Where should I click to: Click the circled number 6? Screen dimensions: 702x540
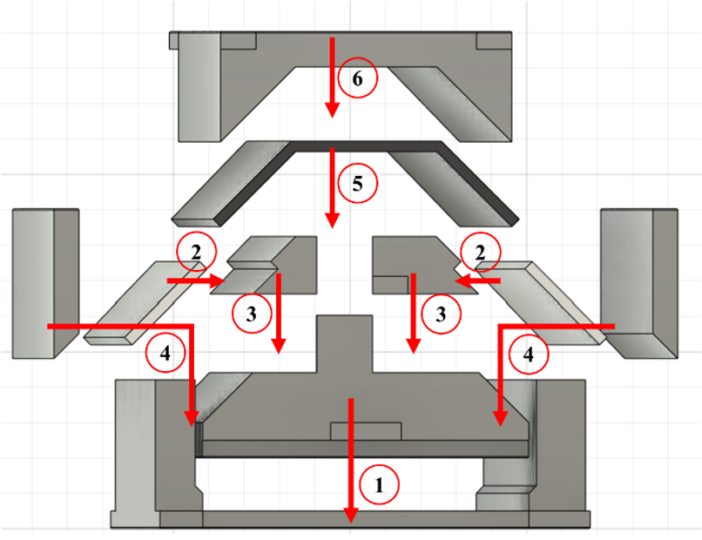[357, 78]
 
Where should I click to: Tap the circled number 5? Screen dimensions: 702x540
[357, 184]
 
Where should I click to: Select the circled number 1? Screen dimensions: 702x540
[379, 485]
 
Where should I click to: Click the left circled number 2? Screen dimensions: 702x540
[196, 253]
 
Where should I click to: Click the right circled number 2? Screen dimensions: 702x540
[480, 253]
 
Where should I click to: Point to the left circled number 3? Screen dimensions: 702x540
[252, 314]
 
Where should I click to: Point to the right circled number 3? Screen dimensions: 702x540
[441, 314]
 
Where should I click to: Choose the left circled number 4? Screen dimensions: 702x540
[165, 354]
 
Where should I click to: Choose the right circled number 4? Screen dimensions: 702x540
[529, 354]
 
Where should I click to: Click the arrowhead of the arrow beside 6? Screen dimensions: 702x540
[332, 110]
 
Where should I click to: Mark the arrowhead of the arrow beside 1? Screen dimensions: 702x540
[350, 515]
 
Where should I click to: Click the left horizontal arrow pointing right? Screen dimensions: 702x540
[196, 280]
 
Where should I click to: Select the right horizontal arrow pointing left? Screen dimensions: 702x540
[477, 280]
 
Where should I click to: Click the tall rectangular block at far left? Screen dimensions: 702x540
[45, 283]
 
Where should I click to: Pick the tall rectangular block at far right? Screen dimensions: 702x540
[639, 283]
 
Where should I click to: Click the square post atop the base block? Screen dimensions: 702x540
[344, 343]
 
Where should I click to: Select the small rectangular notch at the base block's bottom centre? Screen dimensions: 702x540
[365, 431]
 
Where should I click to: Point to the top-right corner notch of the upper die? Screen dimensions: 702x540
[493, 40]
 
